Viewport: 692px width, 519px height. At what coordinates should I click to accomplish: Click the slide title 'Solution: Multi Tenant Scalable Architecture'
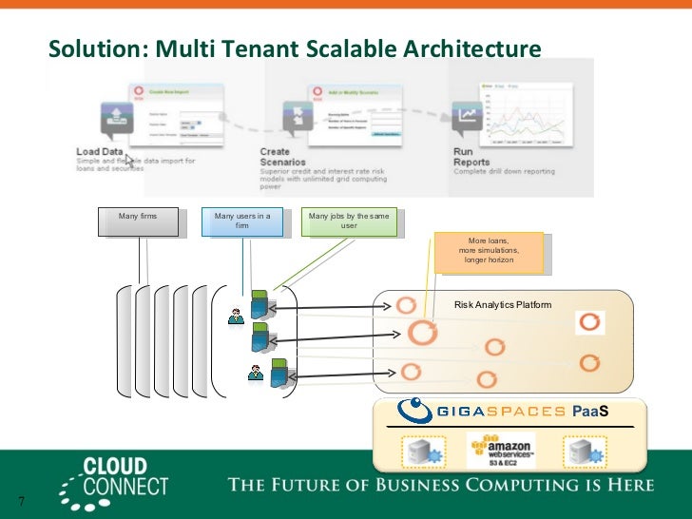(295, 48)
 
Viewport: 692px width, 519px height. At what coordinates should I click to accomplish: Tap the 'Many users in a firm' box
(242, 221)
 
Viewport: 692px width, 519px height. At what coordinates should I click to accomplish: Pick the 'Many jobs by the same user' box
(348, 221)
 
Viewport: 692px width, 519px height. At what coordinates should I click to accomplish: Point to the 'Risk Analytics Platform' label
(503, 305)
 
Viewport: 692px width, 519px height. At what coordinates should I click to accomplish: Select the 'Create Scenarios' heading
(277, 157)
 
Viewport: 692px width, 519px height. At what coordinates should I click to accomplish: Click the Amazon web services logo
(501, 451)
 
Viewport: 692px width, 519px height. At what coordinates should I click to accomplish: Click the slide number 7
(19, 502)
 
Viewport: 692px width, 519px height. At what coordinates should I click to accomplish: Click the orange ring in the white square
(590, 322)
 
